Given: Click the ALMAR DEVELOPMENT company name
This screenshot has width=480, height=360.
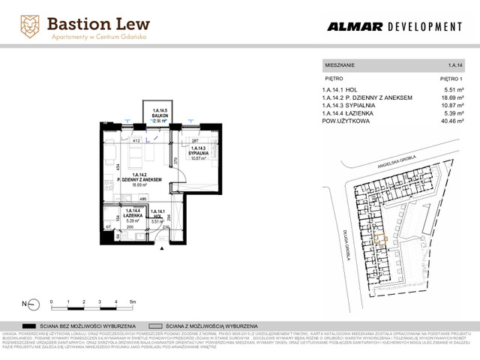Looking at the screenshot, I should tap(394, 27).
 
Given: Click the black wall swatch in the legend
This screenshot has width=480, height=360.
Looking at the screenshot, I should tap(31, 326).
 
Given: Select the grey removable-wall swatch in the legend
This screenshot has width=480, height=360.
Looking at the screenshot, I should tap(156, 326).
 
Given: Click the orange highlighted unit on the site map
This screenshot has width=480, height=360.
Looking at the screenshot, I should tap(381, 240).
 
